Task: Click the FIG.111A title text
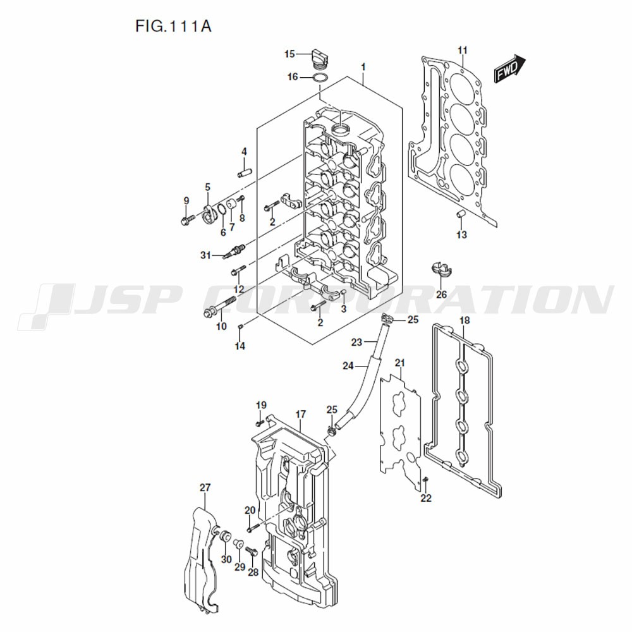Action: pyautogui.click(x=173, y=26)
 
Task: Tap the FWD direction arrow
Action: pyautogui.click(x=510, y=70)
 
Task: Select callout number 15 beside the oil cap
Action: pyautogui.click(x=290, y=54)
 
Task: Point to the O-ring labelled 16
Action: pyautogui.click(x=320, y=78)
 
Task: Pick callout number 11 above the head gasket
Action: pyautogui.click(x=463, y=51)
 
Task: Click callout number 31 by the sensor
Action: pyautogui.click(x=205, y=255)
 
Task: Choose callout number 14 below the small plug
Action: pyautogui.click(x=240, y=346)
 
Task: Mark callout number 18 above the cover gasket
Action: pyautogui.click(x=465, y=320)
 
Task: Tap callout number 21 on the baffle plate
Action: pyautogui.click(x=399, y=363)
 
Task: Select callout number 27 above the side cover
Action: pyautogui.click(x=205, y=488)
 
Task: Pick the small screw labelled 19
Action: pyautogui.click(x=259, y=423)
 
